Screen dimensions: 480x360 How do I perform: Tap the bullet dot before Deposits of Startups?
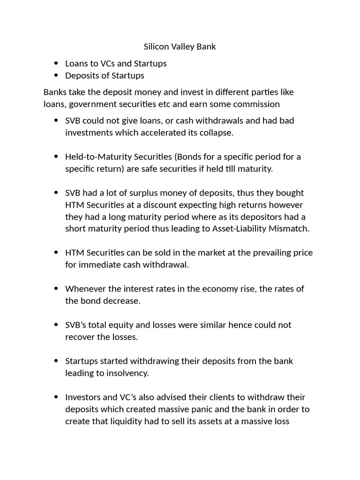56,75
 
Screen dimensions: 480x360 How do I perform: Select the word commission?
257,104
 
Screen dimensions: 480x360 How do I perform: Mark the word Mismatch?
290,229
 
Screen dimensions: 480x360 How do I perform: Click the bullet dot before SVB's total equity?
56,325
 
